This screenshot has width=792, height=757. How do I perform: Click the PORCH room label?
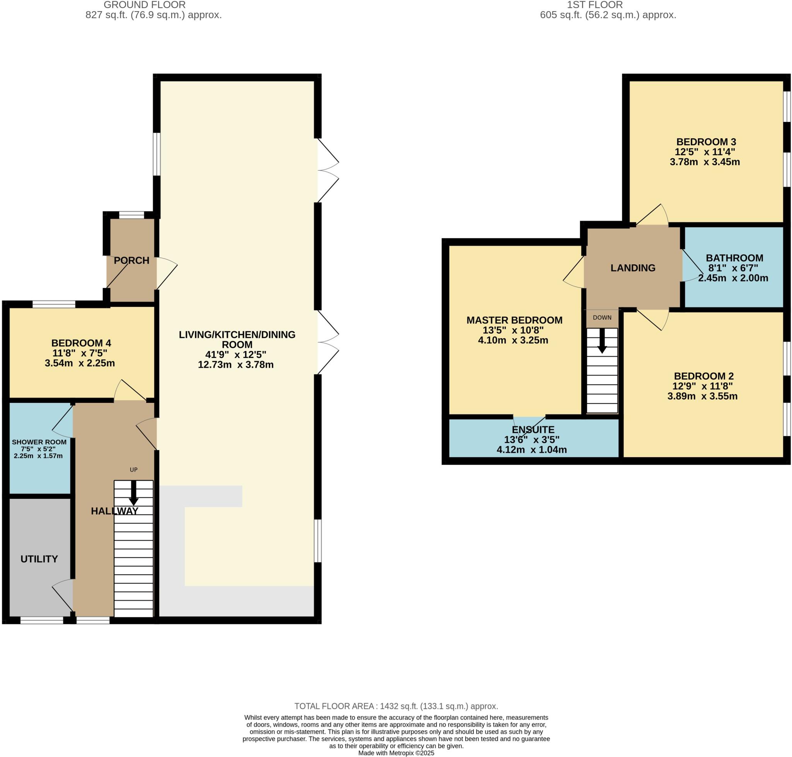pos(131,260)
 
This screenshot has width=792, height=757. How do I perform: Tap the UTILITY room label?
pos(39,558)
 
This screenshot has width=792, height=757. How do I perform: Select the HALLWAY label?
pos(114,511)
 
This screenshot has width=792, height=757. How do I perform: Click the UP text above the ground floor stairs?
pos(133,469)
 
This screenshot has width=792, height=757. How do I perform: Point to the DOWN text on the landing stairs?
pos(602,318)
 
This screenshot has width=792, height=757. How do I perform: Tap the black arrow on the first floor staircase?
pos(602,341)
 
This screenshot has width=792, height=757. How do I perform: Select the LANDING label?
pos(632,267)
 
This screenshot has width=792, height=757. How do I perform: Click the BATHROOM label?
pos(734,258)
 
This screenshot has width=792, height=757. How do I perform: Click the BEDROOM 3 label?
pos(706,142)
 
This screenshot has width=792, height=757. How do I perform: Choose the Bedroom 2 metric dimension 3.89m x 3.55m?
pos(702,396)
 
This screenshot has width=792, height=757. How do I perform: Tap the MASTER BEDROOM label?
pos(514,320)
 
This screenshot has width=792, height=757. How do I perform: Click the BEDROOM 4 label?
pos(81,343)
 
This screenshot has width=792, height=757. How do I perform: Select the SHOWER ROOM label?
pos(39,442)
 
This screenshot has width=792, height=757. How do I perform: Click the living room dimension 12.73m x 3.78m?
pos(236,365)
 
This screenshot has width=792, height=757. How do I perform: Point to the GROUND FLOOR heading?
pos(144,5)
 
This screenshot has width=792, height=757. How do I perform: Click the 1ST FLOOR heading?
pos(594,5)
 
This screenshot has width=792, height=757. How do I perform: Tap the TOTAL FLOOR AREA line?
pos(396,706)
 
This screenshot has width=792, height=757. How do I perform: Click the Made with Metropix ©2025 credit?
pos(396,753)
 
